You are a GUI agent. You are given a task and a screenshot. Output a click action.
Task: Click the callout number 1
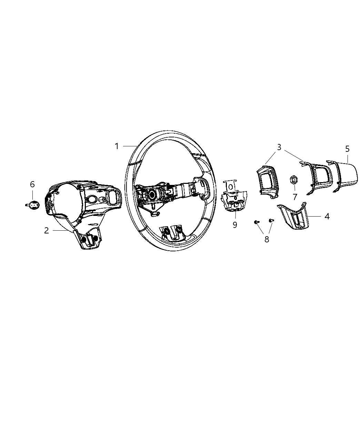(x=117, y=146)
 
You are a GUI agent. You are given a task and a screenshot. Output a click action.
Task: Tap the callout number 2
(x=47, y=231)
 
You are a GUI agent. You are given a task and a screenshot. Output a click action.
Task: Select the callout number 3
(x=279, y=147)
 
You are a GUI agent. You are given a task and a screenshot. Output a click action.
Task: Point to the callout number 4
(x=327, y=216)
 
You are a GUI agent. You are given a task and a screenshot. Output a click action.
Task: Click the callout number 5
(x=347, y=149)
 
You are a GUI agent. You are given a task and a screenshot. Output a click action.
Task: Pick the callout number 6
(x=32, y=185)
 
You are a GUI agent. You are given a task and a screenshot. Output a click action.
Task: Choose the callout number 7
(x=295, y=197)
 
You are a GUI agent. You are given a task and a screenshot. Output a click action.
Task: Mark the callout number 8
(x=267, y=239)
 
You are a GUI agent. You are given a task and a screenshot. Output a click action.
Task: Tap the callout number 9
(x=235, y=225)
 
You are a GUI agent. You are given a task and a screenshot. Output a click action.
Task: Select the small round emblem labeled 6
(x=33, y=205)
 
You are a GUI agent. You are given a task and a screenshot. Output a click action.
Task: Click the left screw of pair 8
(x=256, y=222)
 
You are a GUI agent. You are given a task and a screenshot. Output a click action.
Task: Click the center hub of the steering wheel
(x=152, y=195)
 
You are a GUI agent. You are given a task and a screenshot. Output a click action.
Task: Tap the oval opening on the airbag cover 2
(x=92, y=199)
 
